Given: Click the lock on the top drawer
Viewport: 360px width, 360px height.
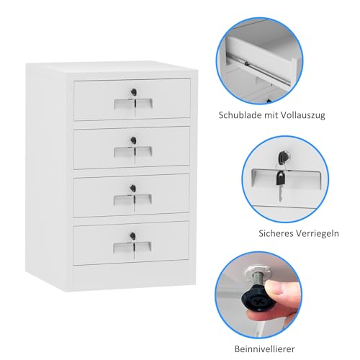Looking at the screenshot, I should pyautogui.click(x=132, y=91).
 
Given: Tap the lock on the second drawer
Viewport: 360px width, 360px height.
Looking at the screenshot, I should pyautogui.click(x=132, y=140).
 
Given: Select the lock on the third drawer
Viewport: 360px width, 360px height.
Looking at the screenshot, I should pyautogui.click(x=132, y=188).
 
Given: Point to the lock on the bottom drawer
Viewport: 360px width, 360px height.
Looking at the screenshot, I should pyautogui.click(x=132, y=235).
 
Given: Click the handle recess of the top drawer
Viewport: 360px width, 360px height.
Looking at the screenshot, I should pyautogui.click(x=132, y=105).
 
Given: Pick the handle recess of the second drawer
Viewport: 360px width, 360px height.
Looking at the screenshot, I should pyautogui.click(x=132, y=152).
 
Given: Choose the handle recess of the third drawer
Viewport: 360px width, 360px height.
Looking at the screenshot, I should pyautogui.click(x=132, y=200).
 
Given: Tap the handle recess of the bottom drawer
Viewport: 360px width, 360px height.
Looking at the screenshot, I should pyautogui.click(x=132, y=247).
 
